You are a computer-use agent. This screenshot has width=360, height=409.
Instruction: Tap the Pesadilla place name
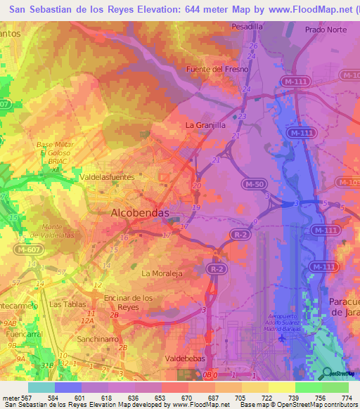point(247,26)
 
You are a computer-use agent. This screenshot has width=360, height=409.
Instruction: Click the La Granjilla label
point(205,124)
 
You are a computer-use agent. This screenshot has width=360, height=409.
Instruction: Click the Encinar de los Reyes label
point(128,302)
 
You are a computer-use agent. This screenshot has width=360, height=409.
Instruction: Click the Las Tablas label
point(67,304)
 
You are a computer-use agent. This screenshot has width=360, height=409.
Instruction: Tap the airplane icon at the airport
point(283,338)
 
